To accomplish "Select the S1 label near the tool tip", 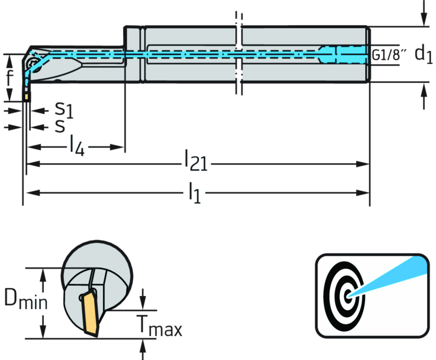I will (63, 110).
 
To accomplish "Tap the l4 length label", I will (77, 145).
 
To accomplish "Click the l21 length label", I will (195, 160).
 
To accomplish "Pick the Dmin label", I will (26, 301).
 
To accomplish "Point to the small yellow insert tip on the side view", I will (27, 97).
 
